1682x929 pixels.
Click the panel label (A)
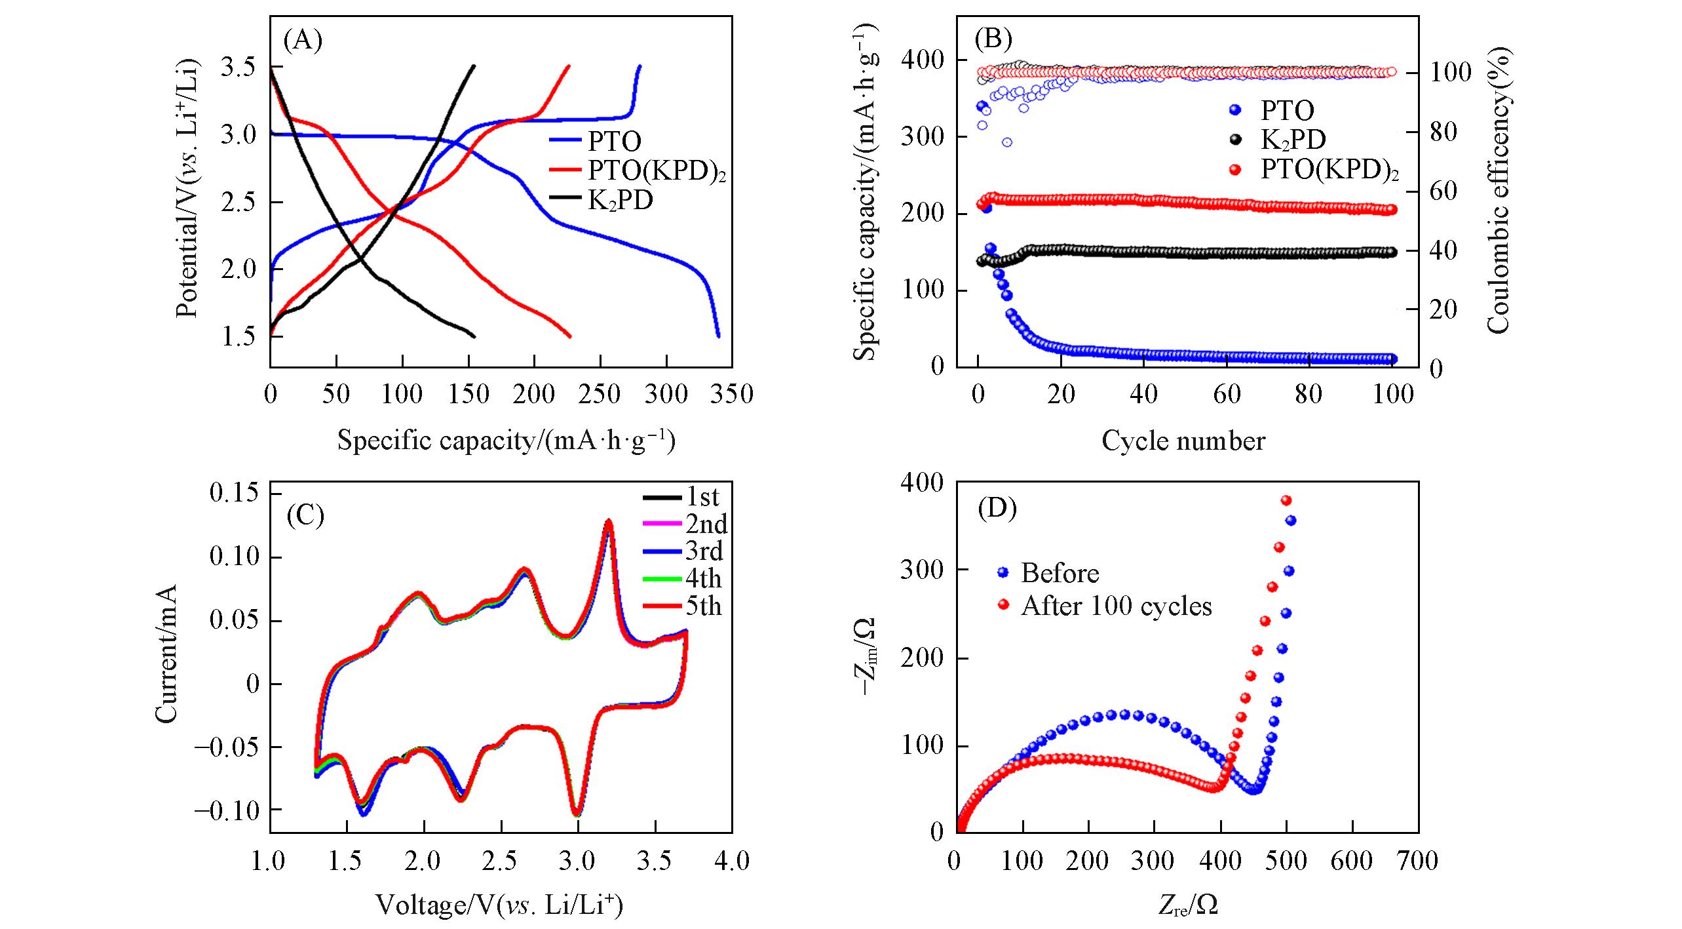click(x=303, y=41)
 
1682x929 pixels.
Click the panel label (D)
click(x=997, y=509)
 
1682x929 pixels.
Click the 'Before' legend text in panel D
click(x=1060, y=573)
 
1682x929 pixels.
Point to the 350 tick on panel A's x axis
click(x=732, y=394)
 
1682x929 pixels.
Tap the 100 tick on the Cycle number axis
click(x=1392, y=394)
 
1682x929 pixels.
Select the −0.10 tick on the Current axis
click(x=225, y=811)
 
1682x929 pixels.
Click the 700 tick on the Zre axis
click(x=1419, y=860)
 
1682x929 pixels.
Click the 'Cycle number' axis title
click(x=1183, y=441)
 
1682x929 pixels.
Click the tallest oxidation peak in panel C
click(x=609, y=522)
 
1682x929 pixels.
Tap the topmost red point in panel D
click(x=1286, y=500)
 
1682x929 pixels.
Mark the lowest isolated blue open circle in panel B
click(x=1007, y=142)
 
